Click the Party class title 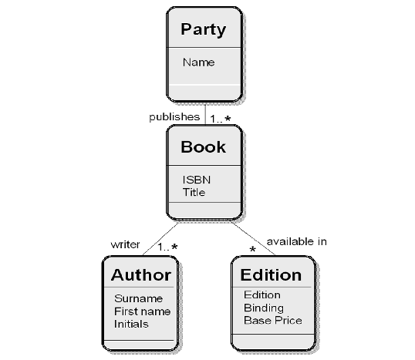pos(204,29)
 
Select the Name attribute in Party pos(198,62)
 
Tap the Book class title pos(204,146)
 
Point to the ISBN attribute pos(197,180)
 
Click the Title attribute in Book pos(194,192)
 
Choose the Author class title pos(141,275)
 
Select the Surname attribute pos(138,298)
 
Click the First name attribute pos(142,311)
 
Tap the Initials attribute pos(131,324)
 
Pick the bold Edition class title pos(271,275)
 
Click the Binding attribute pos(264,308)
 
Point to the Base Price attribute pos(273,321)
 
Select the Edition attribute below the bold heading pos(262,295)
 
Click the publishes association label pos(174,117)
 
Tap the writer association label pos(125,244)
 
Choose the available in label pos(297,241)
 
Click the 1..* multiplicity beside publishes pos(221,119)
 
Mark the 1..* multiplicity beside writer pos(167,247)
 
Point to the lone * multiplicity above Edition pos(253,249)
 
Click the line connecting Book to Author pos(160,239)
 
